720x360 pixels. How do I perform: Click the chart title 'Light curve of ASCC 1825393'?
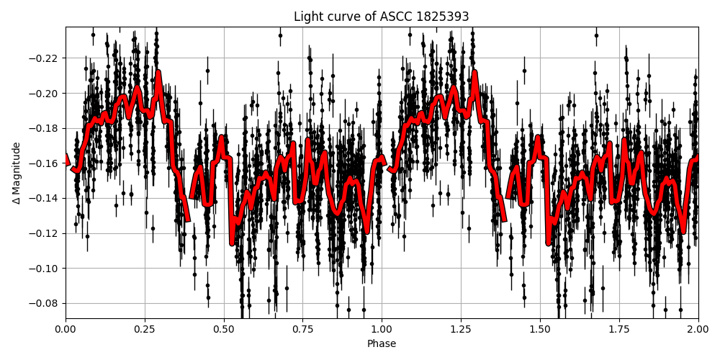(382, 17)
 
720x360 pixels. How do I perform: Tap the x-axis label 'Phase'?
(382, 344)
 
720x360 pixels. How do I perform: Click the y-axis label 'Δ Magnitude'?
(17, 173)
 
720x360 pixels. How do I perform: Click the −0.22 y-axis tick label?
(45, 58)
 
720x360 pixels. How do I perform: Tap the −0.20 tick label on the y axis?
(45, 94)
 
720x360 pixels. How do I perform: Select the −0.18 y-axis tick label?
(45, 128)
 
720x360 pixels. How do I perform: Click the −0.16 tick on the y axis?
(45, 163)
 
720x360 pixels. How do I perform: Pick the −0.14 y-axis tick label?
(45, 198)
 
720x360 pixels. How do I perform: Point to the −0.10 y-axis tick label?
(45, 269)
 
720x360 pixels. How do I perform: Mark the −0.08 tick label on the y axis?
(45, 303)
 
